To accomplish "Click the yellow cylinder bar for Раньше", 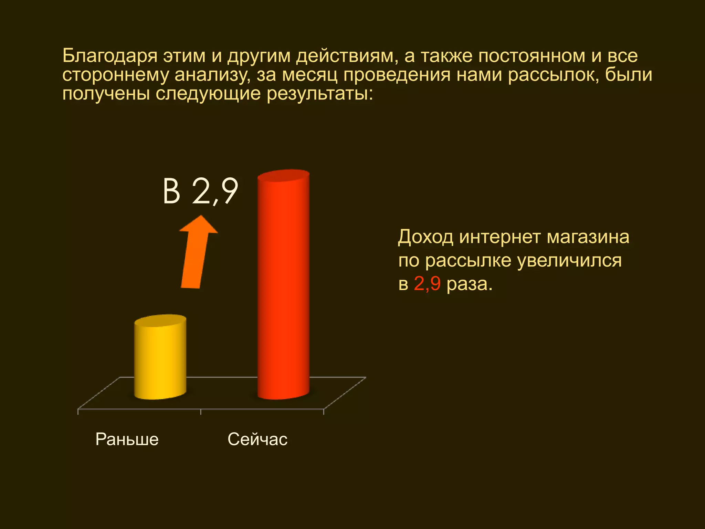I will (x=160, y=358).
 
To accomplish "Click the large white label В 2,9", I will (x=200, y=191).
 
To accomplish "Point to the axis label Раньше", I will (x=127, y=439).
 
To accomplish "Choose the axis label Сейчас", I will (x=257, y=439).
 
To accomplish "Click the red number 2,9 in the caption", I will (x=427, y=284).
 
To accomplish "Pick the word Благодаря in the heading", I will (x=110, y=56).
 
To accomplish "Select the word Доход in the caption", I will (x=425, y=237).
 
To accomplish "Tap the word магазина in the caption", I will (x=588, y=237).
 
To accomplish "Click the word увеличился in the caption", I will (x=569, y=261).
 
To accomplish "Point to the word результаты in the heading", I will (x=320, y=94).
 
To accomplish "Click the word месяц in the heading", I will (x=310, y=75).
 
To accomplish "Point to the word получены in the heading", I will (x=106, y=94).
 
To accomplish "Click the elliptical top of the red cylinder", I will (x=283, y=175).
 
